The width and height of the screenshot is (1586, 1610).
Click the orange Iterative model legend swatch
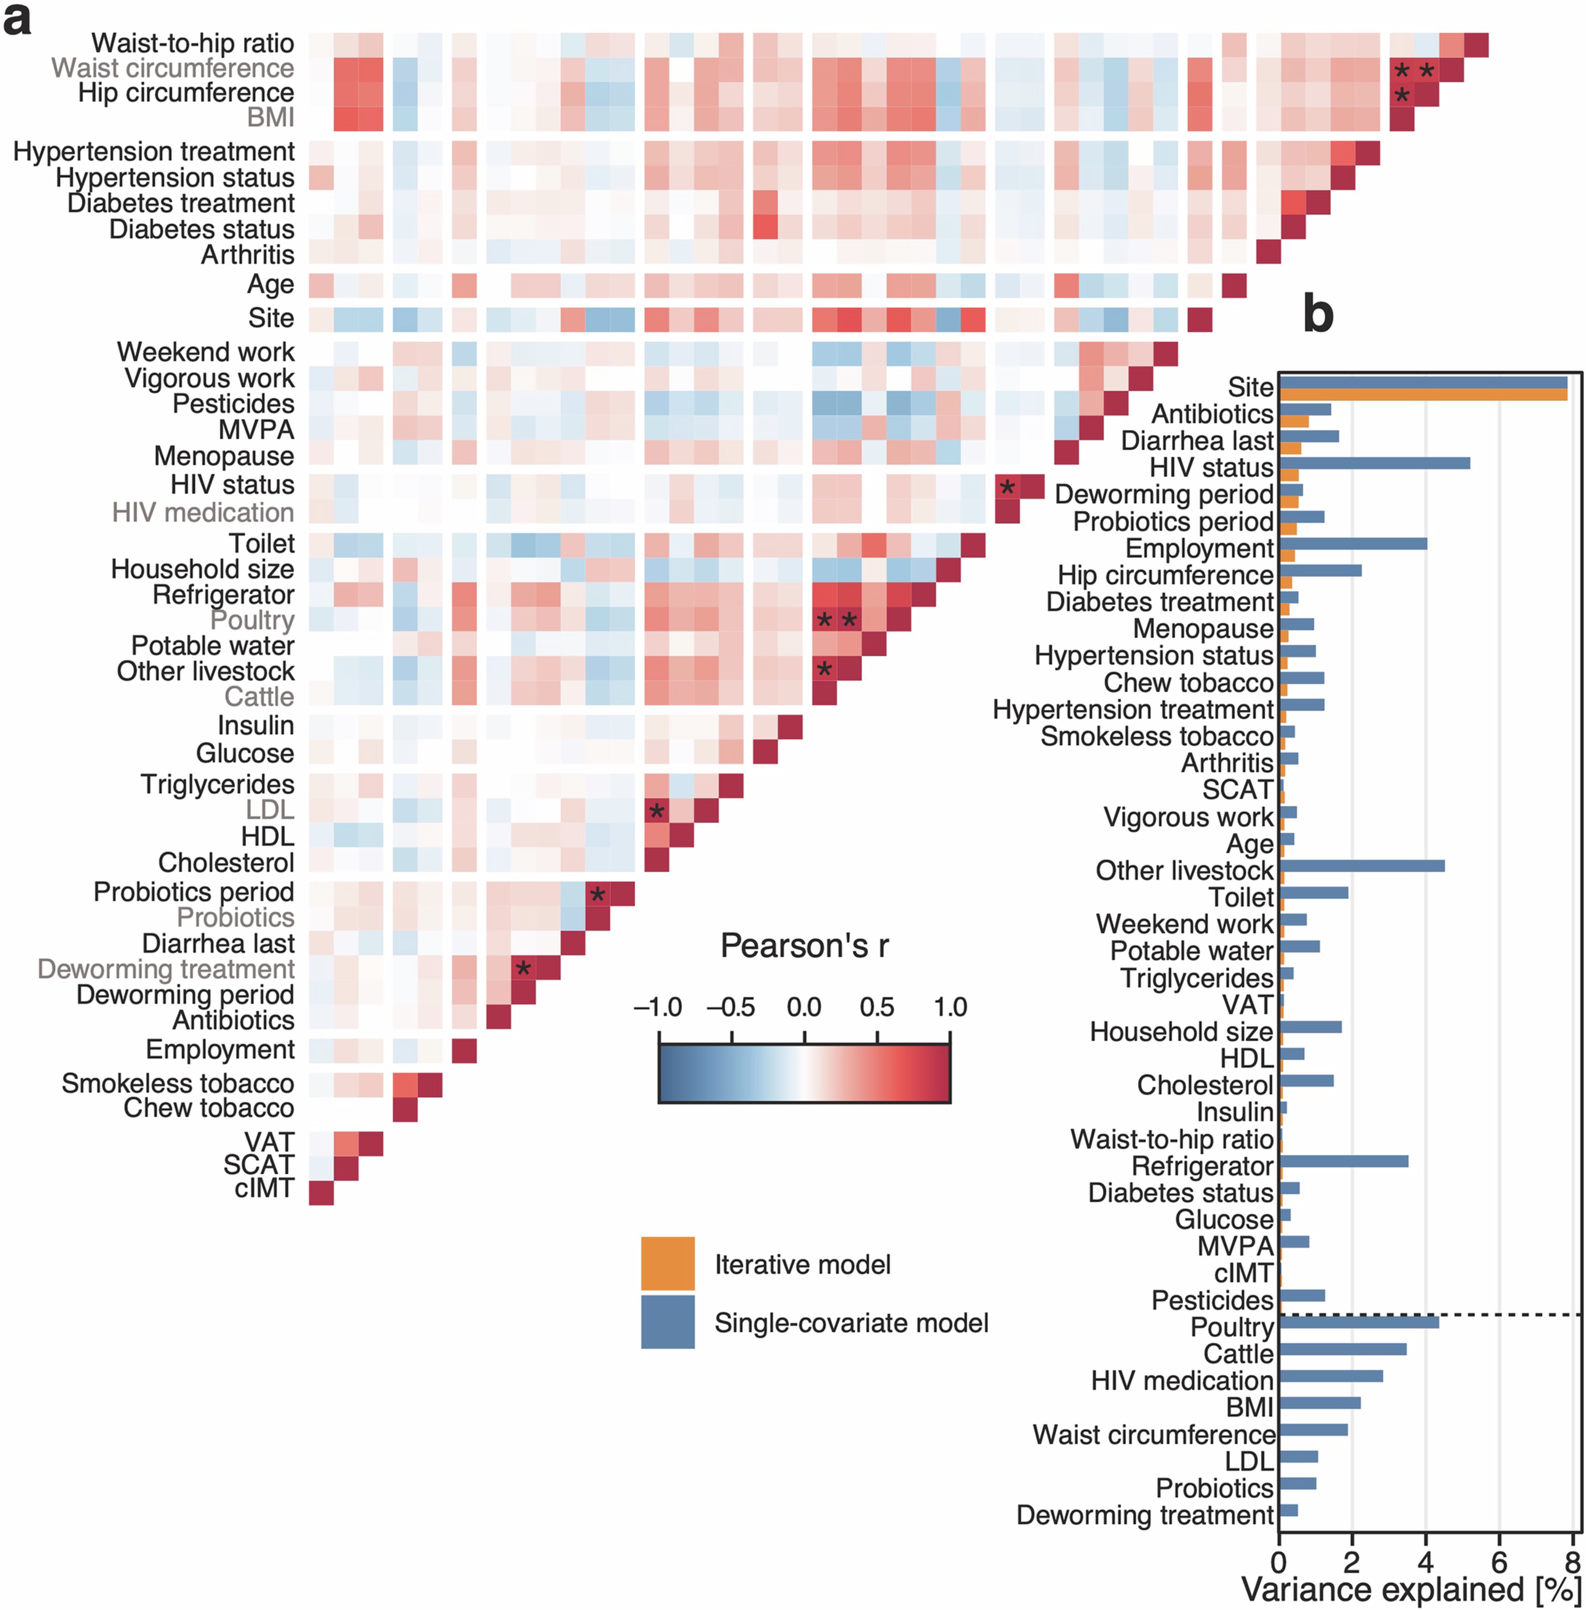tap(667, 1264)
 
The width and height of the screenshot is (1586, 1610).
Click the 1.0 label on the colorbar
tap(950, 1008)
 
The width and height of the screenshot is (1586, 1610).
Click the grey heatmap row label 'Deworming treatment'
tap(166, 970)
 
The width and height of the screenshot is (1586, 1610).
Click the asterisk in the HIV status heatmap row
tap(1007, 487)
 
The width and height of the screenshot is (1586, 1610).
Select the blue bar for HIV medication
tap(1330, 1376)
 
